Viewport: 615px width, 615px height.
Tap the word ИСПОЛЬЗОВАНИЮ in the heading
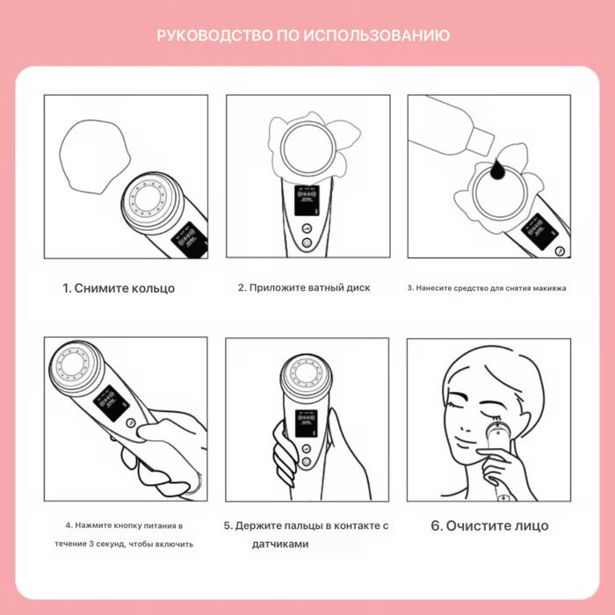pos(377,36)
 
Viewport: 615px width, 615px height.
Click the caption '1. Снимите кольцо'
pos(119,288)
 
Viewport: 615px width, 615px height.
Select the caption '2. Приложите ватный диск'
pos(304,288)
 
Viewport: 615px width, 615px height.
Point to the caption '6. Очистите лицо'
pos(489,525)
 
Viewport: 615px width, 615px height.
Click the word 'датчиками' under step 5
pos(280,545)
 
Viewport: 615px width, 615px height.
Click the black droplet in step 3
pos(499,170)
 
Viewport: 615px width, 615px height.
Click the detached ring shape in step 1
pos(94,156)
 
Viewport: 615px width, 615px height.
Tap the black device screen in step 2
pos(307,200)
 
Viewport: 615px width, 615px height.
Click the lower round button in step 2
pos(307,243)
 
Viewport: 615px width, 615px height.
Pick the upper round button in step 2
pos(307,228)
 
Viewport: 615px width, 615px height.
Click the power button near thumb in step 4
pos(131,423)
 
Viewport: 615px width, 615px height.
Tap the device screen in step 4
pos(112,403)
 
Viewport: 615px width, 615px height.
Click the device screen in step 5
pos(307,423)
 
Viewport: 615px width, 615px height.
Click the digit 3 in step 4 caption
pos(91,545)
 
